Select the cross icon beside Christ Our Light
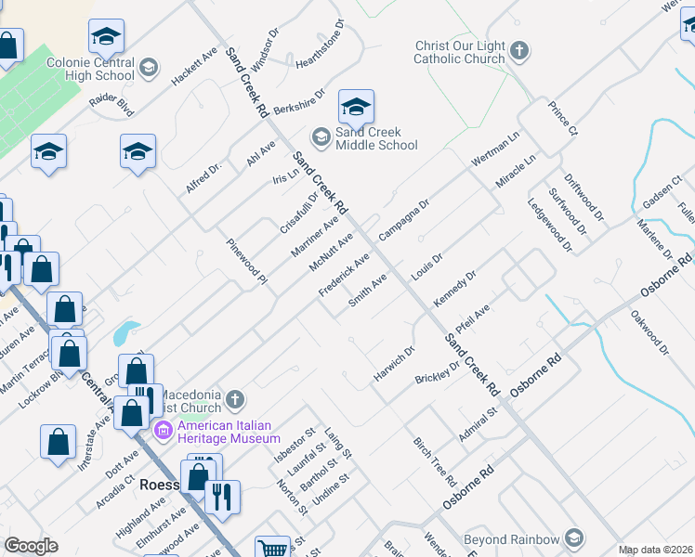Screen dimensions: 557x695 coord(519,49)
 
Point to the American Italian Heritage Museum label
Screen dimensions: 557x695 coord(229,432)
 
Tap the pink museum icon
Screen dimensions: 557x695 coord(164,430)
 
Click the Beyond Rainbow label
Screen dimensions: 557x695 coord(511,538)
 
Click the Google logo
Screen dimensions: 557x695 coord(31,546)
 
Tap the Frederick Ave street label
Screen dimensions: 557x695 coord(345,274)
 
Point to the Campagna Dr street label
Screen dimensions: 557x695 coord(404,219)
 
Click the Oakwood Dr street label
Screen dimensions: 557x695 coord(650,333)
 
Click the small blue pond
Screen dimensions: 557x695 coord(125,331)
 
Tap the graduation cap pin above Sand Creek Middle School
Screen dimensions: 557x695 coord(356,110)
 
